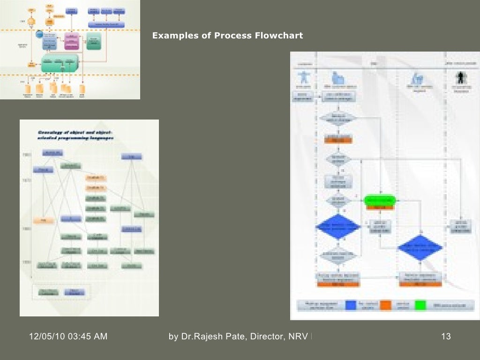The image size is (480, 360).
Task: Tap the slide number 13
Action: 446,336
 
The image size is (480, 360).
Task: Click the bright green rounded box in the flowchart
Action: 380,200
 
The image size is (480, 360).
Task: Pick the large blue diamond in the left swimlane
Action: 338,227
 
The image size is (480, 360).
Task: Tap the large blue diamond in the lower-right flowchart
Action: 420,247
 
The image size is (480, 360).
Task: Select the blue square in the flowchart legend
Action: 351,305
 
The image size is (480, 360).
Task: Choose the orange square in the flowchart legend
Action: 385,305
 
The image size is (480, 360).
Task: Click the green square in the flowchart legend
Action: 420,305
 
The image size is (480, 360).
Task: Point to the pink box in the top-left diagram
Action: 72,41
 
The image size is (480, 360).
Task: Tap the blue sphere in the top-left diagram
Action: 40,34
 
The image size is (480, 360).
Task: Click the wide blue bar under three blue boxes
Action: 107,24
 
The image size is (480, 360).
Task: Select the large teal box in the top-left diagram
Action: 60,63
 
